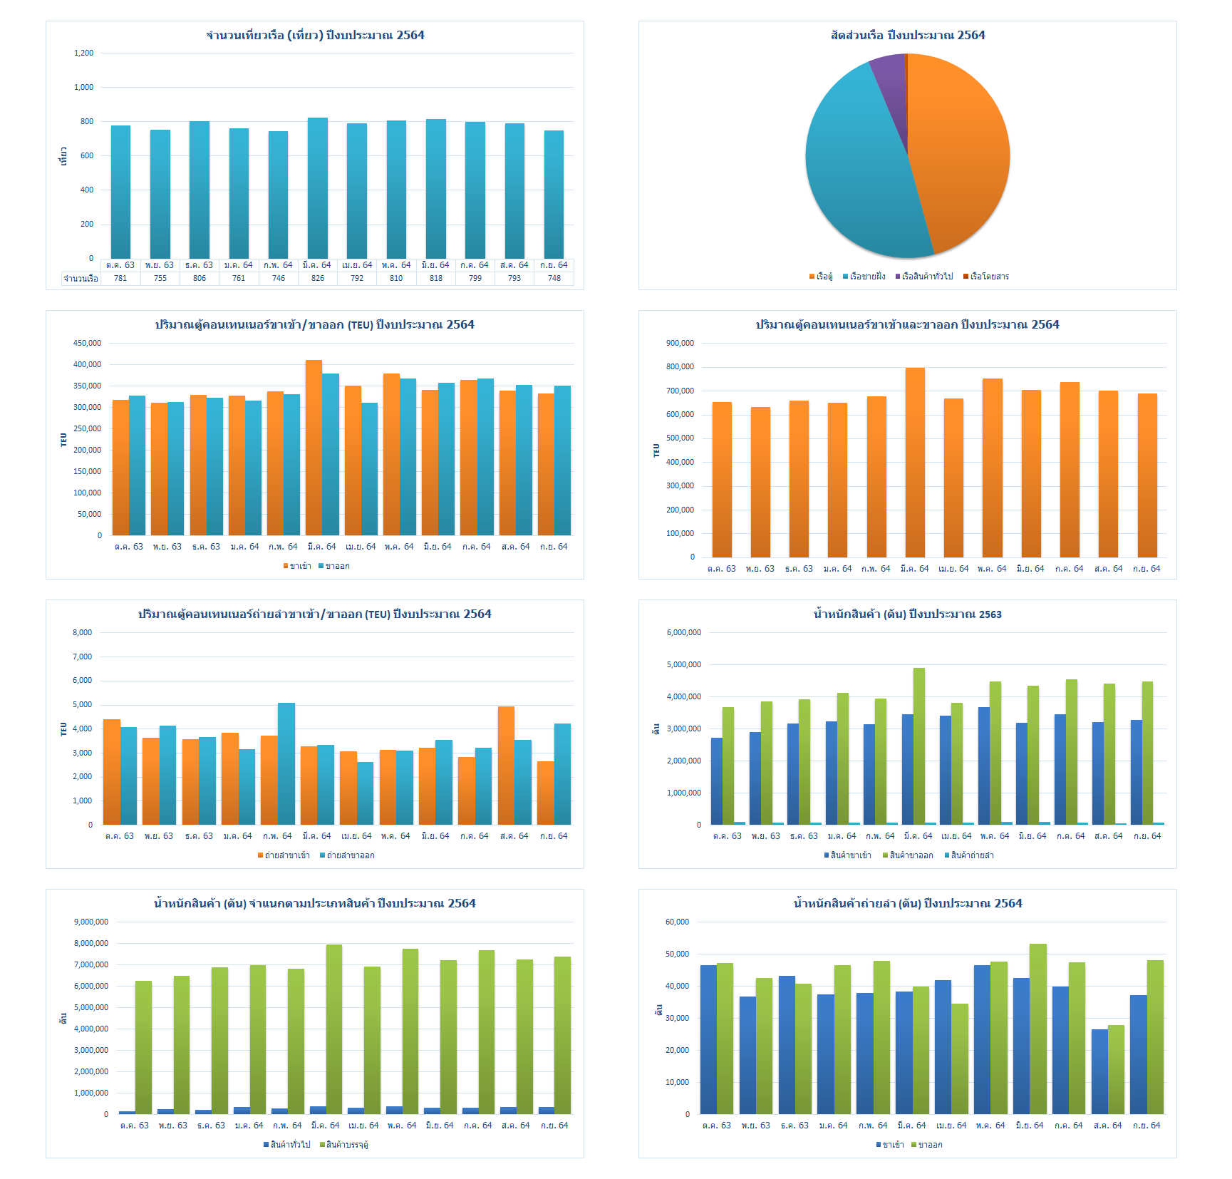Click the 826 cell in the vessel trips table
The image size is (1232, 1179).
(x=318, y=278)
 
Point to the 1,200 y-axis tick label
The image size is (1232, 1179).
(x=83, y=53)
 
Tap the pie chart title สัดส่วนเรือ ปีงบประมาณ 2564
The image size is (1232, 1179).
(x=908, y=35)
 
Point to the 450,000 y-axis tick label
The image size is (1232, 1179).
(x=87, y=343)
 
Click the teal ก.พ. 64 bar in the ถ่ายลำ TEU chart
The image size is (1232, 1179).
(x=286, y=763)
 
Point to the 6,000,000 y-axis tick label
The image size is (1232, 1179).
(x=683, y=632)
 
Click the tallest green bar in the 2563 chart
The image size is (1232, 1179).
(x=919, y=746)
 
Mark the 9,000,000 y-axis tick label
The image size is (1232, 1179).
(x=91, y=922)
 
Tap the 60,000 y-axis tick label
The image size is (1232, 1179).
(x=677, y=922)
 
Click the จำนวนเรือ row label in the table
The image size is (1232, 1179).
(x=81, y=279)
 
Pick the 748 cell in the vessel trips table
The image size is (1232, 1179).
(x=554, y=278)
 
